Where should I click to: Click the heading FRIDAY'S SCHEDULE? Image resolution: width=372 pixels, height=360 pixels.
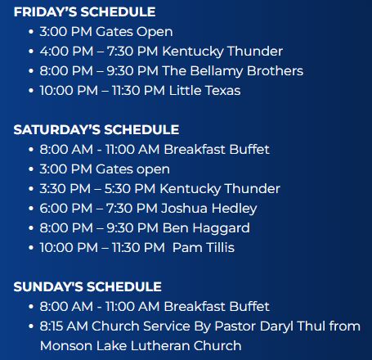pyautogui.click(x=84, y=12)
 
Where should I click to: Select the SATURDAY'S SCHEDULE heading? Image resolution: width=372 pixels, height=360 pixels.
pyautogui.click(x=96, y=130)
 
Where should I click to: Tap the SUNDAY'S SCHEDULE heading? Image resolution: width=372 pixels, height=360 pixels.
pyautogui.click(x=87, y=287)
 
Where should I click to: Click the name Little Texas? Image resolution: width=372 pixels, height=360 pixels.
pyautogui.click(x=204, y=91)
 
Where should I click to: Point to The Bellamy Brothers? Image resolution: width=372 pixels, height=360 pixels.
pyautogui.click(x=233, y=71)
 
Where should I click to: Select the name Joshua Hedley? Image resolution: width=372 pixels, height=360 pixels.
pyautogui.click(x=208, y=209)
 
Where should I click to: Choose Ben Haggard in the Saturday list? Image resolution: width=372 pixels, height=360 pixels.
pyautogui.click(x=206, y=228)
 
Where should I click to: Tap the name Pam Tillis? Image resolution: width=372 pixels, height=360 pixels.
pyautogui.click(x=204, y=248)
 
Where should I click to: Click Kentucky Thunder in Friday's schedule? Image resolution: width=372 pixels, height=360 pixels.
pyautogui.click(x=222, y=52)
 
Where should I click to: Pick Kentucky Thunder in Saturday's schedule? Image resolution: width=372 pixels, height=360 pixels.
pyautogui.click(x=220, y=189)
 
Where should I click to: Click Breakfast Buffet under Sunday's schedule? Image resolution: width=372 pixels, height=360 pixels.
pyautogui.click(x=217, y=307)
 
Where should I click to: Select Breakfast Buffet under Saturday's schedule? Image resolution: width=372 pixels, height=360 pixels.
pyautogui.click(x=217, y=150)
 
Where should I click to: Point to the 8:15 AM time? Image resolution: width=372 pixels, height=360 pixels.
pyautogui.click(x=64, y=326)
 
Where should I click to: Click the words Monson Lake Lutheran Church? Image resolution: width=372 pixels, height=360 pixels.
pyautogui.click(x=141, y=346)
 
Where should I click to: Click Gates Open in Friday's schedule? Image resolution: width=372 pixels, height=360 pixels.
pyautogui.click(x=134, y=32)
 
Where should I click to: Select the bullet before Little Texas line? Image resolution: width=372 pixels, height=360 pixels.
pyautogui.click(x=31, y=91)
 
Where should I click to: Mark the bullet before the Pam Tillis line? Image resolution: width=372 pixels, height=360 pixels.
pyautogui.click(x=31, y=248)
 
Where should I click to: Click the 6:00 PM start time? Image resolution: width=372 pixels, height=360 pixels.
pyautogui.click(x=66, y=209)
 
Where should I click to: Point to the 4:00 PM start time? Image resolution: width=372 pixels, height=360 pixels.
pyautogui.click(x=66, y=52)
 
